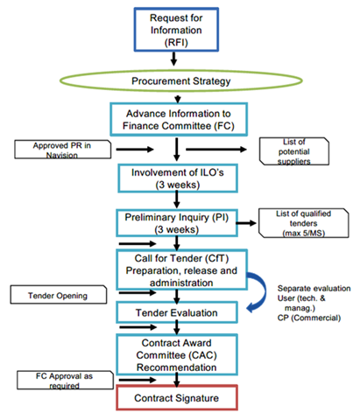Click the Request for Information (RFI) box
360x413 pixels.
tap(176, 30)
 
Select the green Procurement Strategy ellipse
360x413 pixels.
tap(181, 80)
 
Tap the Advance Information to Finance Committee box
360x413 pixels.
tap(179, 119)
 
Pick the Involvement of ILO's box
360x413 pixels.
tap(178, 178)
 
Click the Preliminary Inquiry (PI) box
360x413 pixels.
tap(177, 223)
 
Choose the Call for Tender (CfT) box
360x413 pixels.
tap(181, 269)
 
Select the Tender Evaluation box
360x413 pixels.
tap(177, 312)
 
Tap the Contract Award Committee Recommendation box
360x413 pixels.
tap(177, 355)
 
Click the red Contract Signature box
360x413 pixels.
tap(177, 398)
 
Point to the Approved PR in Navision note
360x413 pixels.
tap(62, 150)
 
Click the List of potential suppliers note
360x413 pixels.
tap(294, 151)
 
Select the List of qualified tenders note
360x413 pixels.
tap(303, 223)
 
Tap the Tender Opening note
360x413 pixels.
tap(59, 295)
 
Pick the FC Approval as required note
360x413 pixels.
tap(65, 381)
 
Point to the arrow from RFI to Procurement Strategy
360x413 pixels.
tap(174, 59)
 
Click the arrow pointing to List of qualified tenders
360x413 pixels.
tap(246, 223)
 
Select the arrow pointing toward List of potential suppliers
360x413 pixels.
tap(216, 150)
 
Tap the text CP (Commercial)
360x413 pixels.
tap(309, 318)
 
